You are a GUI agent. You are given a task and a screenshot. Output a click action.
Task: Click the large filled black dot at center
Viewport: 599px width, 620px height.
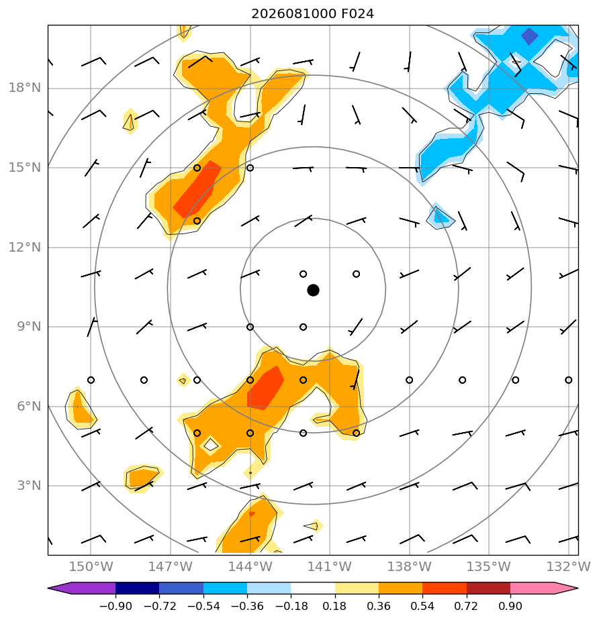tap(313, 291)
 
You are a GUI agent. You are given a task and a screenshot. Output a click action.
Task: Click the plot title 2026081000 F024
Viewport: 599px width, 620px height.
tap(312, 14)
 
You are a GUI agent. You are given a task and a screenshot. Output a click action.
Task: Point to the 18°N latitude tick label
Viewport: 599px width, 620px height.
tap(25, 88)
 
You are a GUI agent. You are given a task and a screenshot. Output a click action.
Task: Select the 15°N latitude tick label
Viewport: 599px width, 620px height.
tap(25, 168)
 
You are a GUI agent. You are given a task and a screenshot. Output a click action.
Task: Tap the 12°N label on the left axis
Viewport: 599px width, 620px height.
tap(25, 248)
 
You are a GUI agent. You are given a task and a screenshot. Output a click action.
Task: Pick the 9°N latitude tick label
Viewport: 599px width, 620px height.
tap(29, 327)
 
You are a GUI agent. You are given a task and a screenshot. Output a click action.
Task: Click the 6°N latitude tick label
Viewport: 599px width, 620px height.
tap(29, 407)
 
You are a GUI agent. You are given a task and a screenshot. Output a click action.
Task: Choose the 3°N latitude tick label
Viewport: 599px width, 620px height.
tap(29, 486)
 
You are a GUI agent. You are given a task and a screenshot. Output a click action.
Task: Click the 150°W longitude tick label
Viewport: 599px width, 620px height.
tap(91, 566)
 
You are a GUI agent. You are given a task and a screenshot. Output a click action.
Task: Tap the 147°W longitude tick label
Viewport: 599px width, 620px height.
tap(171, 566)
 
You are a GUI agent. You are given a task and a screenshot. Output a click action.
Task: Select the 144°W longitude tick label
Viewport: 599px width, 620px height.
tap(250, 566)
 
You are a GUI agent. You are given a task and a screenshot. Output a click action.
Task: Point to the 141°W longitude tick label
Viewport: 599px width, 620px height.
tap(330, 566)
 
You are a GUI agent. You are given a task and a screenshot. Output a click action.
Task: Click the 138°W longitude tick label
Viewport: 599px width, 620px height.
tap(409, 566)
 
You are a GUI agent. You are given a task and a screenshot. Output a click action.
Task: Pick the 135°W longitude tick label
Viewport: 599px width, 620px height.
tap(489, 566)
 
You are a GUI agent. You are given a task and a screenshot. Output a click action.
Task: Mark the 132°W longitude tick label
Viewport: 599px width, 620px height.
tap(569, 566)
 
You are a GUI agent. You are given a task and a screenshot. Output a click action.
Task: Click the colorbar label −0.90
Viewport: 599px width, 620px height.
tap(116, 606)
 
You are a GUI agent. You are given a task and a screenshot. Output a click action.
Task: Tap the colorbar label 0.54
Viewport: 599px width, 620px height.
tap(422, 606)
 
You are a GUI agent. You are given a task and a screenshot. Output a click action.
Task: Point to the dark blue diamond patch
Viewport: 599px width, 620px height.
tap(529, 36)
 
